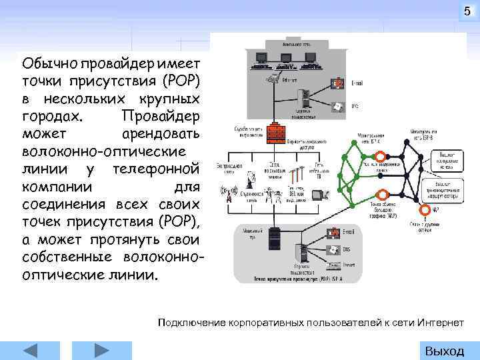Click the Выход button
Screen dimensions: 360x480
tap(444, 351)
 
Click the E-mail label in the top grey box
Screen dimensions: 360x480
tap(357, 84)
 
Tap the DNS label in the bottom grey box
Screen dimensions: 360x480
tap(347, 249)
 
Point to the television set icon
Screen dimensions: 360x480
tap(319, 194)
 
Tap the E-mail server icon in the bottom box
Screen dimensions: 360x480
tap(331, 233)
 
